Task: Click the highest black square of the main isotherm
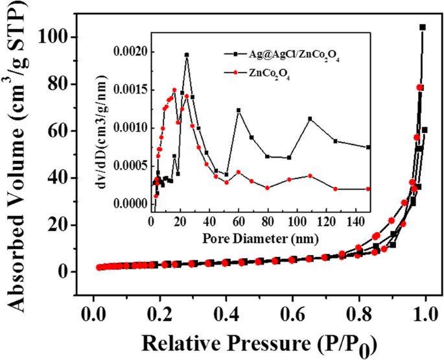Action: click(423, 27)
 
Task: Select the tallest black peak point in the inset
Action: click(187, 55)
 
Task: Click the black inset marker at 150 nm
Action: click(369, 147)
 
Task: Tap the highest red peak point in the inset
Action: click(174, 90)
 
